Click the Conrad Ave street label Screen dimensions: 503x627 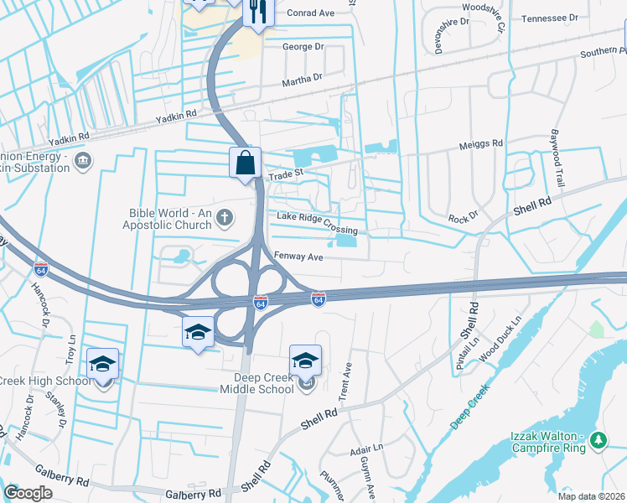click(310, 13)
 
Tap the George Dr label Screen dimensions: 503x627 click(303, 47)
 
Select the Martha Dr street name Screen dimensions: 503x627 click(302, 78)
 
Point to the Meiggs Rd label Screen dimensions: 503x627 click(480, 143)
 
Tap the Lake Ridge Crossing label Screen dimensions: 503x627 click(317, 224)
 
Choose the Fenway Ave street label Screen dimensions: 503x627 click(299, 257)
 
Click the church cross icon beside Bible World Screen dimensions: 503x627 click(224, 219)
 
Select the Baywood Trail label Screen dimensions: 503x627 click(557, 158)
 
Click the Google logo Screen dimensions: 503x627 click(28, 493)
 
